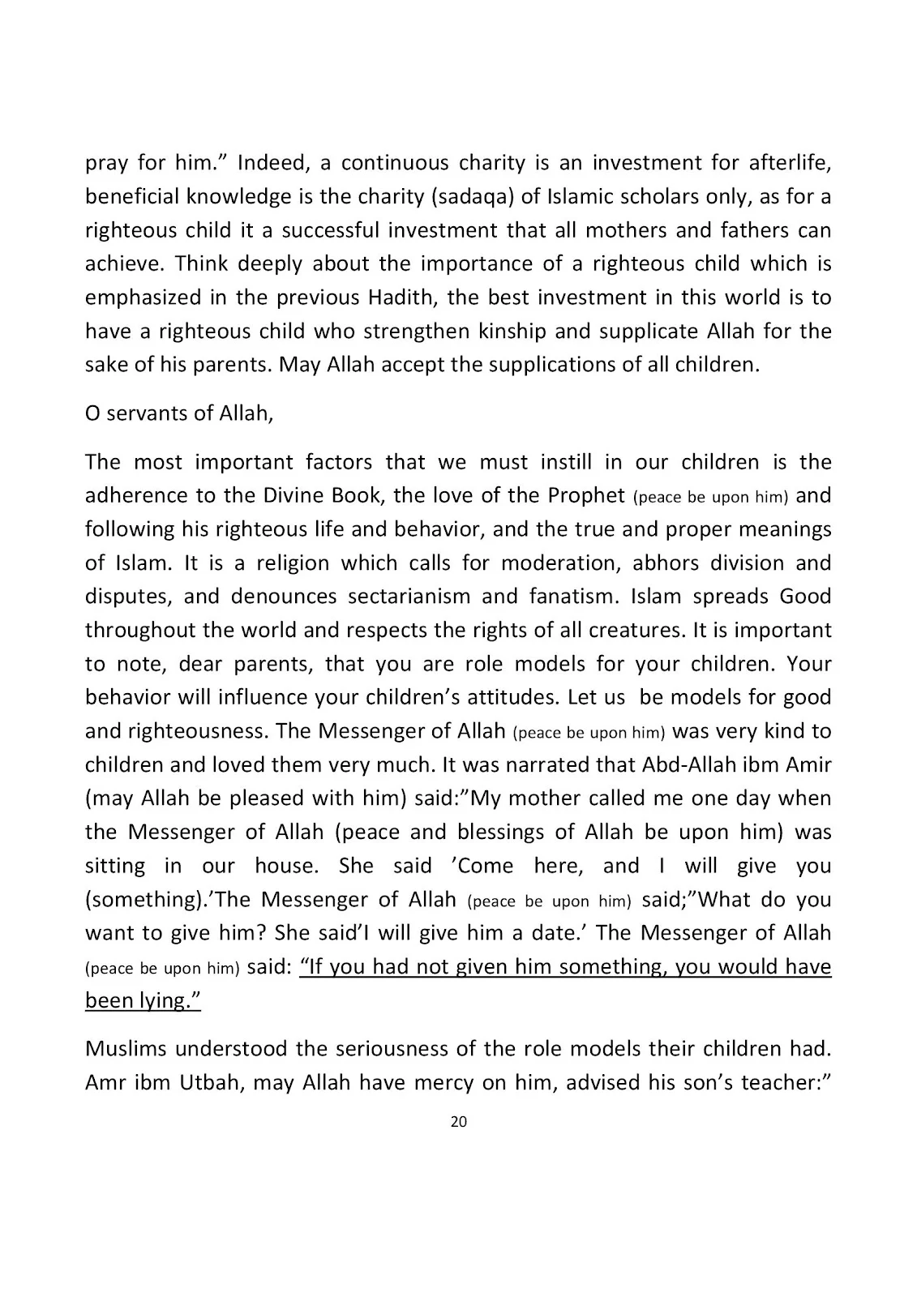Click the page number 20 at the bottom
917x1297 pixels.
[458, 1122]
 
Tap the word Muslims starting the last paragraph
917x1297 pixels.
[126, 1049]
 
